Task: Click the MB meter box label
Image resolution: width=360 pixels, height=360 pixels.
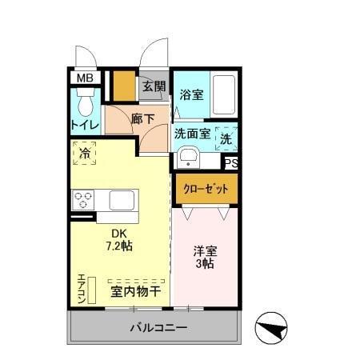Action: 84,78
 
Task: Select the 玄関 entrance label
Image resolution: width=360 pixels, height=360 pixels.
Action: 154,86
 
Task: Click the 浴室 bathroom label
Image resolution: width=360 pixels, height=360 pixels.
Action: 190,94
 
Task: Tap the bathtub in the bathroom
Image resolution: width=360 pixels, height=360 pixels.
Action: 223,96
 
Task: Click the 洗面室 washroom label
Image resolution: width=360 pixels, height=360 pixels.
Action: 193,134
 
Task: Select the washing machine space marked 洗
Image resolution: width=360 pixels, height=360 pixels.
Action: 226,136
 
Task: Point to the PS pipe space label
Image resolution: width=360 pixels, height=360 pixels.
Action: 230,164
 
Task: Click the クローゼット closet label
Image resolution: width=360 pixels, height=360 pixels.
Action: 206,189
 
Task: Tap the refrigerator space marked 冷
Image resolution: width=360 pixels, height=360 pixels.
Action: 85,150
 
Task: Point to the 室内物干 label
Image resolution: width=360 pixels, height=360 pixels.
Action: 135,291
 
